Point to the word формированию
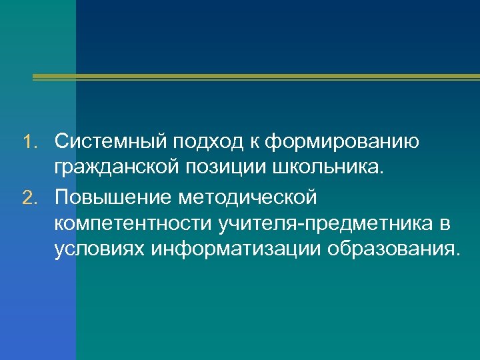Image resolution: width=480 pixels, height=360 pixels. click(343, 143)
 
